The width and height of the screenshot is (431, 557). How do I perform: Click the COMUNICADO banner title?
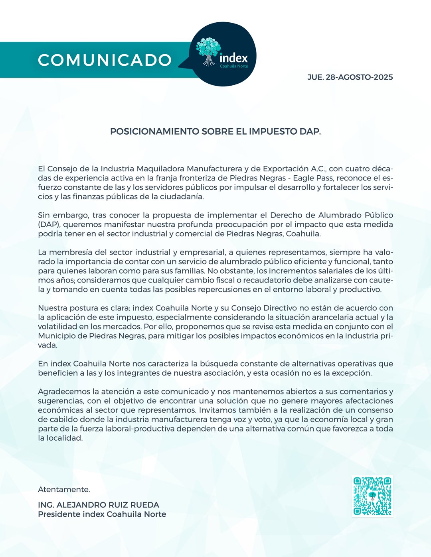(105, 60)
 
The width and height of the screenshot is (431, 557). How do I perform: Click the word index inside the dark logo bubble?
(233, 58)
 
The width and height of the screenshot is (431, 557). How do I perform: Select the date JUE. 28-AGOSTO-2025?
(350, 77)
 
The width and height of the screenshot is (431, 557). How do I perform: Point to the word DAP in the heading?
(310, 131)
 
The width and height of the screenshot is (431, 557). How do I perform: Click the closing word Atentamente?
(64, 489)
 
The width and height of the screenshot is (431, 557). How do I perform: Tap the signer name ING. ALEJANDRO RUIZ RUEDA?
(99, 505)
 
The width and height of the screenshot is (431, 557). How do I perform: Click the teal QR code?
(372, 496)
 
